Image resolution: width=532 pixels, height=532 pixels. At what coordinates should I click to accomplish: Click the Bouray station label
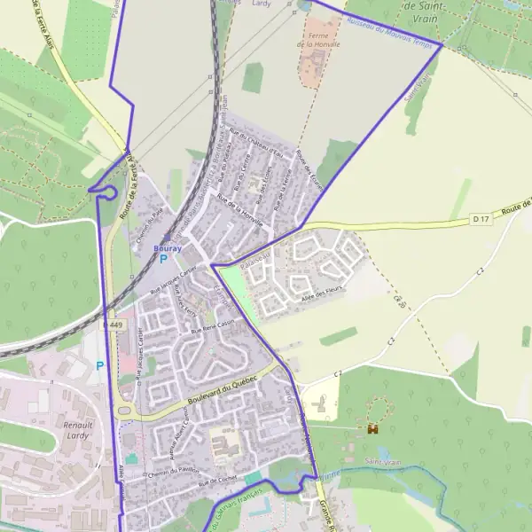click(x=168, y=249)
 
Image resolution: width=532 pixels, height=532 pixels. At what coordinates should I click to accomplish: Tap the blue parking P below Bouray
click(x=163, y=260)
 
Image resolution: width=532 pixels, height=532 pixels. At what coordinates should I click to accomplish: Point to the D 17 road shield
click(x=481, y=217)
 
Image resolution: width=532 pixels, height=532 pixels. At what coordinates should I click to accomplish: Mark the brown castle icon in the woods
click(x=372, y=428)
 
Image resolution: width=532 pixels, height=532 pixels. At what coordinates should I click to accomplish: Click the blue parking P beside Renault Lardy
click(x=99, y=365)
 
